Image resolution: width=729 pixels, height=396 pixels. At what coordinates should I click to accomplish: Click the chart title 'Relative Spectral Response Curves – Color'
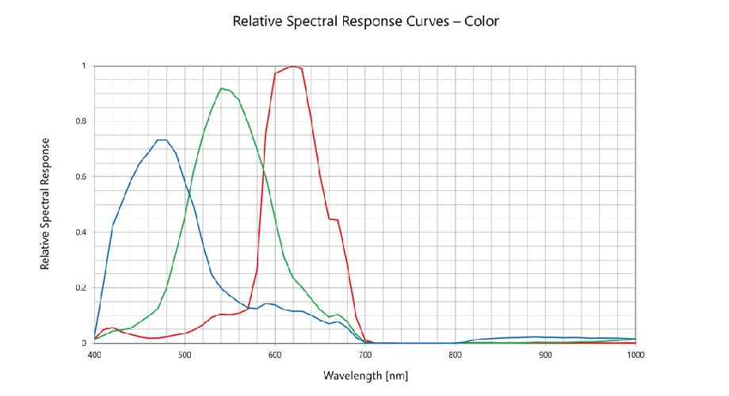365,21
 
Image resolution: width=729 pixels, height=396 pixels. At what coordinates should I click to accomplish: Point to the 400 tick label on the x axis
94,356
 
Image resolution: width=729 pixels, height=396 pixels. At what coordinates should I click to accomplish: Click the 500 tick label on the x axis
185,356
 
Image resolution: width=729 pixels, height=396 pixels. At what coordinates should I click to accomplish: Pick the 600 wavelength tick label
275,356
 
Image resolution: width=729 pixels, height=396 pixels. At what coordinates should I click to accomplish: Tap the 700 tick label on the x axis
365,356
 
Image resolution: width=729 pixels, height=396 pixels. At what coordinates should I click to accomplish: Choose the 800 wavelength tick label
456,356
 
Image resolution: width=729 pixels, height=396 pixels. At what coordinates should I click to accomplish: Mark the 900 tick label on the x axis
546,356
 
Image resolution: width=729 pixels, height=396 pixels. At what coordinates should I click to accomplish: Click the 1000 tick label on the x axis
635,356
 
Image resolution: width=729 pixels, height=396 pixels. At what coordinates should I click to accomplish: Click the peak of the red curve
293,67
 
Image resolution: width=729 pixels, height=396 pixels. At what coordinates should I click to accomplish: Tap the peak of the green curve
222,88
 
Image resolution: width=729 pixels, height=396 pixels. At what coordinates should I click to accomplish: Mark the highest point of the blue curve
162,140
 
